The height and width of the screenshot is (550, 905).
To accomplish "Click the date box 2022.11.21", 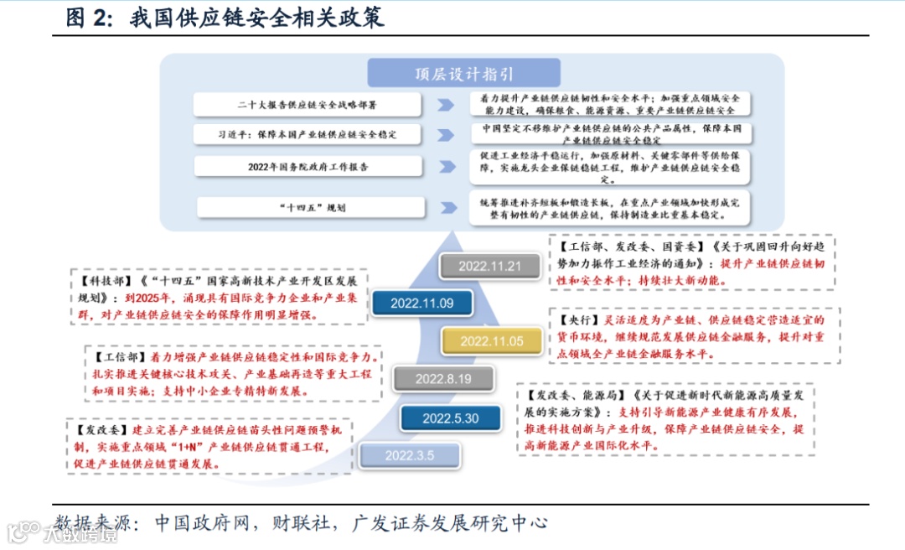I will (x=489, y=267).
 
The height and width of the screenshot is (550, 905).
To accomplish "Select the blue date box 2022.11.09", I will (x=421, y=303).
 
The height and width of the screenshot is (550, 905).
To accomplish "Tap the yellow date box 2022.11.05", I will (x=491, y=340).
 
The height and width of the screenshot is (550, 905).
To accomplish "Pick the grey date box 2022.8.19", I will (x=443, y=379).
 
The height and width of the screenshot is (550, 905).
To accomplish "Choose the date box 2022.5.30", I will (x=450, y=418).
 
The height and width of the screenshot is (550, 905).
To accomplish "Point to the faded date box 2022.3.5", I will (x=410, y=455).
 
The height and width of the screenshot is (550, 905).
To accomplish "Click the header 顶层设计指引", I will (x=464, y=74).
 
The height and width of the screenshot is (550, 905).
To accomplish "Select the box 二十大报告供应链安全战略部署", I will (x=307, y=105).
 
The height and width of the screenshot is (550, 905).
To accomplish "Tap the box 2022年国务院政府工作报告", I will (x=307, y=167).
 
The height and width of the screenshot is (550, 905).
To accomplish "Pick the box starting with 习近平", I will (x=307, y=134).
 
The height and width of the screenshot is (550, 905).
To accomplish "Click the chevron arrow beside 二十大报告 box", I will (x=446, y=105).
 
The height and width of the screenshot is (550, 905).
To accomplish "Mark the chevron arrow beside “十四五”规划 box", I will (x=447, y=207).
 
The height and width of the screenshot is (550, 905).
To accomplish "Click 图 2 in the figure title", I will (x=89, y=18).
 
